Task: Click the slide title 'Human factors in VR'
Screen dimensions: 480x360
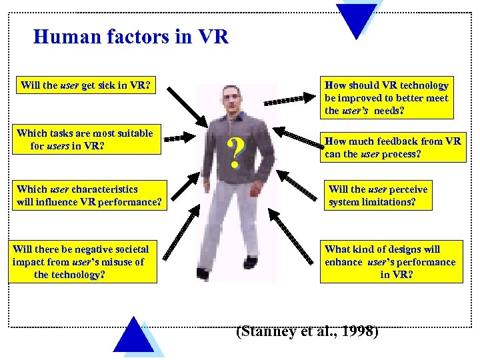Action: coord(131,37)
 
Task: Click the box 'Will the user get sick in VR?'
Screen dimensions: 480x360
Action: coord(85,86)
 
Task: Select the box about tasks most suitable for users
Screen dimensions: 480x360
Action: coord(85,139)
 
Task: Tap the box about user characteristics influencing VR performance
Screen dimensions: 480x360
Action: coord(89,195)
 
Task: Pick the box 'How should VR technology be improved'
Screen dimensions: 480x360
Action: coord(387,97)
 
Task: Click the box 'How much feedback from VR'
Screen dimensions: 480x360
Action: coord(392,147)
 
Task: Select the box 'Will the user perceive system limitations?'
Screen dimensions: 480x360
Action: coord(378,195)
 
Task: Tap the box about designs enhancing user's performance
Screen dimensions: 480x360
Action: coord(391,261)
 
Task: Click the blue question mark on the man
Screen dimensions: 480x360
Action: coord(234,153)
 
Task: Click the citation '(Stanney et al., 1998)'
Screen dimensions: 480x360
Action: coord(307,331)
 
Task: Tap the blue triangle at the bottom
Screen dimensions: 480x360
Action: coord(134,337)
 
